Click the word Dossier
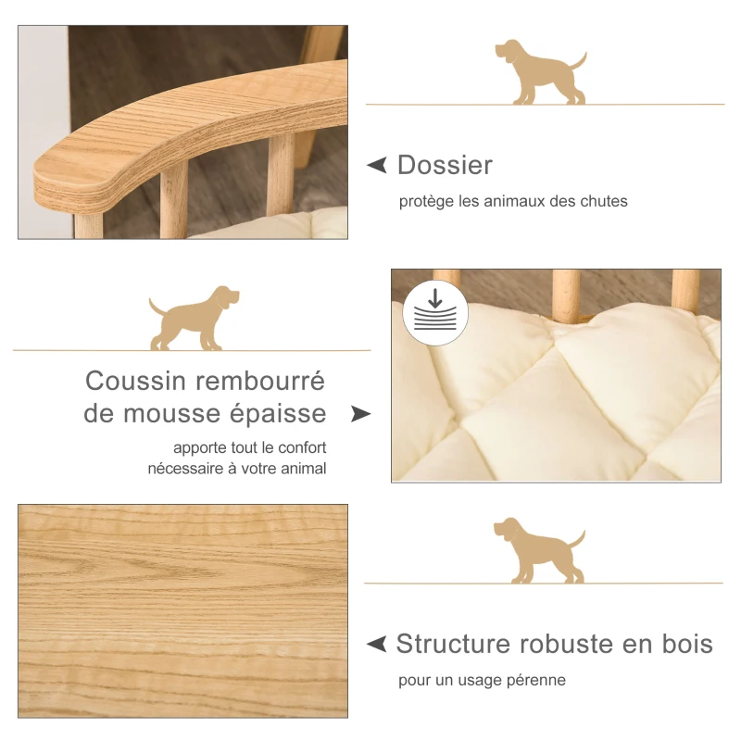[x=445, y=165]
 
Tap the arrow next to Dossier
[x=377, y=165]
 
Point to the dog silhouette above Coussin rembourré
[x=195, y=319]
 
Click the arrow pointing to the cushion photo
[x=360, y=413]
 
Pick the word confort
[x=298, y=448]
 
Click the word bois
[x=687, y=644]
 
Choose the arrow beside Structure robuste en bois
[x=377, y=644]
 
